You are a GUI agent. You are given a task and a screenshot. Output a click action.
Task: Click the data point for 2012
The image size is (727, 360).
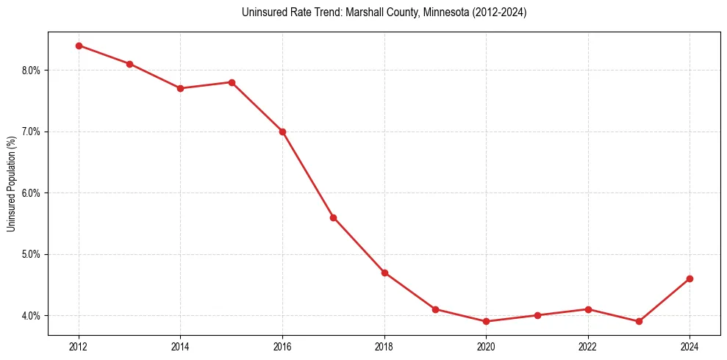click(x=79, y=46)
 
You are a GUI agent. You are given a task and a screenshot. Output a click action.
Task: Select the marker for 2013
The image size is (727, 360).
click(x=129, y=64)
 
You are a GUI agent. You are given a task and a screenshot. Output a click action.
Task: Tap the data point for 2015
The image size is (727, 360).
click(x=232, y=82)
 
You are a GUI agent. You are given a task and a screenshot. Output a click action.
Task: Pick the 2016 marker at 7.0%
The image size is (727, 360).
click(x=282, y=132)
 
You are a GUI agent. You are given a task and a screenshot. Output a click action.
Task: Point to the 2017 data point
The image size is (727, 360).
click(x=333, y=217)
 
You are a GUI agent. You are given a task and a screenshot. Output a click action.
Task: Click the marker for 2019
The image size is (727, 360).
click(x=435, y=309)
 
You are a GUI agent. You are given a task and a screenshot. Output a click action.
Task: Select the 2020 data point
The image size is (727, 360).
click(x=486, y=322)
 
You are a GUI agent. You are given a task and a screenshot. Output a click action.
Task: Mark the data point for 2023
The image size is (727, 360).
click(x=639, y=322)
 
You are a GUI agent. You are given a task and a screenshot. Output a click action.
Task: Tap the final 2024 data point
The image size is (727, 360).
click(x=690, y=278)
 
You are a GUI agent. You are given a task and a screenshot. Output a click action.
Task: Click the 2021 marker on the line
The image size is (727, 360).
click(x=537, y=315)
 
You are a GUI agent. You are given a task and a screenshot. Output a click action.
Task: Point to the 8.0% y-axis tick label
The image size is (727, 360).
click(x=31, y=71)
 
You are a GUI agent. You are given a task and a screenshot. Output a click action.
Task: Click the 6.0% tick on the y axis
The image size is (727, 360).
click(x=31, y=193)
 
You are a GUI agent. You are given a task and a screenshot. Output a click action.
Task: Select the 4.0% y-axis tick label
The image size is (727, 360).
click(x=31, y=316)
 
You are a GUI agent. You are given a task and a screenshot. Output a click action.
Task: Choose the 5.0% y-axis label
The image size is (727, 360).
click(x=31, y=254)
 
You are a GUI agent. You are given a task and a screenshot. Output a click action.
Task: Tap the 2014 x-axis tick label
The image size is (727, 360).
click(x=180, y=345)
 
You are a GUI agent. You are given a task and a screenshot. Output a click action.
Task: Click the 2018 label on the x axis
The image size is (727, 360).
click(x=384, y=345)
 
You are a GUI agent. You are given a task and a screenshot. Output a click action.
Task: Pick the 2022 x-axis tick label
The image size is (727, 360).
click(x=588, y=345)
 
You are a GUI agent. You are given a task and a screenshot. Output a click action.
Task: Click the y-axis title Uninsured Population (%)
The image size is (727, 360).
click(x=11, y=184)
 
